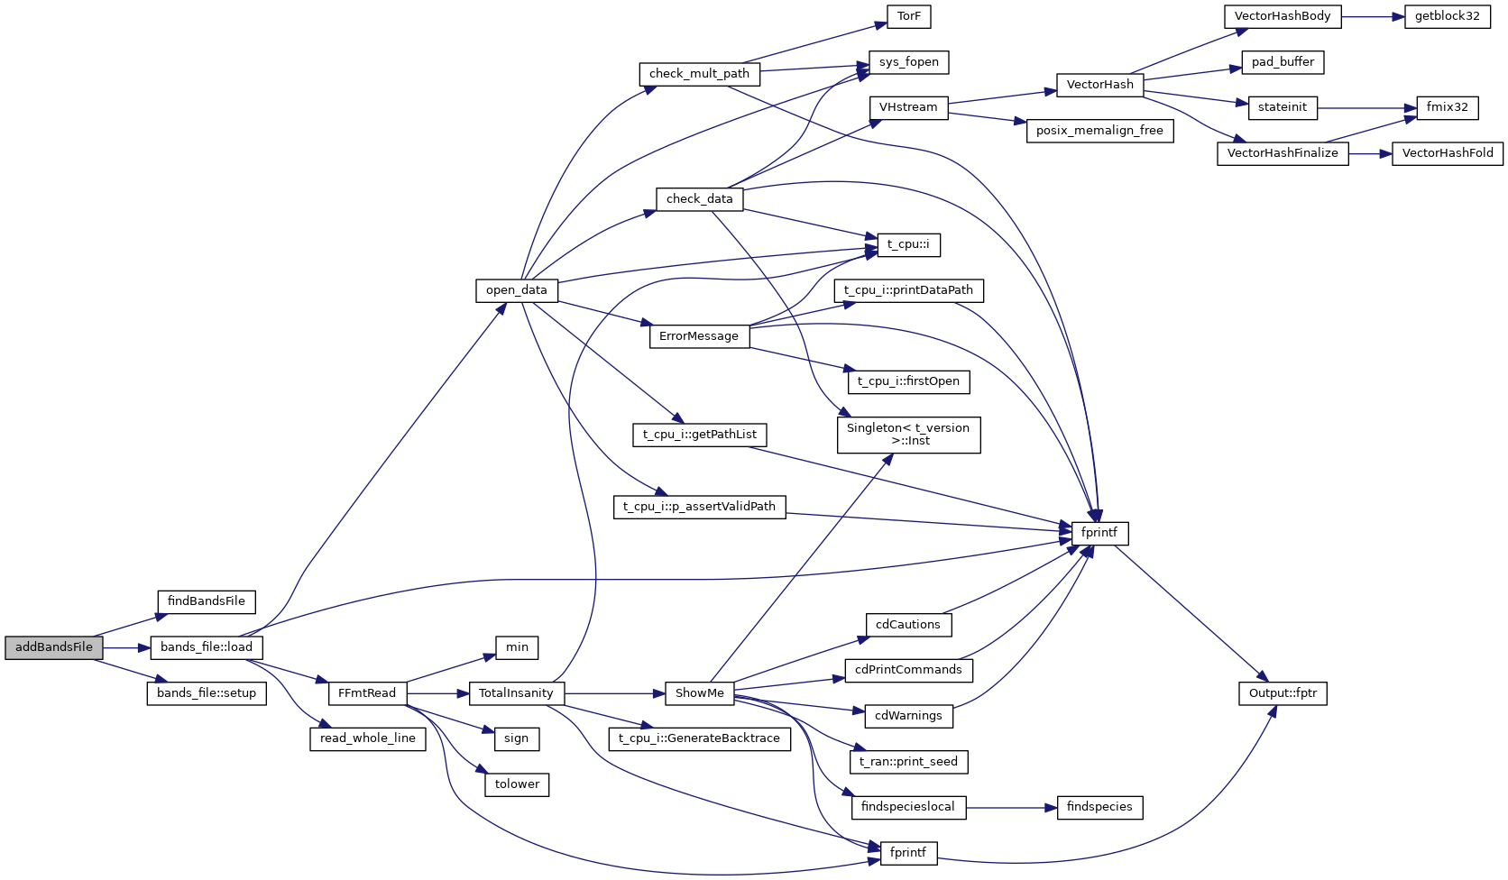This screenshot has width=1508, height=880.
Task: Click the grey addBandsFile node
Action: (x=54, y=647)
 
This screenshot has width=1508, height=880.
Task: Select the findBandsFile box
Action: (x=207, y=601)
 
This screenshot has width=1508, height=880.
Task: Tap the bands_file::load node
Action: (x=207, y=647)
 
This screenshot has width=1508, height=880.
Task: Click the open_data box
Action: (x=517, y=290)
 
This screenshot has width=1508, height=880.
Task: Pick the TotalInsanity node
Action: (x=516, y=693)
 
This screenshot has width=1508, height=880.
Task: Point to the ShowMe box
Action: (x=700, y=693)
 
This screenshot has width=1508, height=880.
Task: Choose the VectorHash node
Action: (x=1100, y=85)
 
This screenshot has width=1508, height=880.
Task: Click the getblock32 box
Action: (x=1448, y=16)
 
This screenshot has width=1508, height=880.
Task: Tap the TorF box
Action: (x=909, y=16)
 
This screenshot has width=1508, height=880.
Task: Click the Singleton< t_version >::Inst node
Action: (x=908, y=435)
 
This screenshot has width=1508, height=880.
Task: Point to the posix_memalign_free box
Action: (x=1099, y=131)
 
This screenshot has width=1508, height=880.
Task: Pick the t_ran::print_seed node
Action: (x=908, y=762)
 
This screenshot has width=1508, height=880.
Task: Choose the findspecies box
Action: (x=1099, y=807)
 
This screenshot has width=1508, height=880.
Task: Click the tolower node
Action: (x=517, y=784)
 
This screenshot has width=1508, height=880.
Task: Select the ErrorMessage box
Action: (x=699, y=336)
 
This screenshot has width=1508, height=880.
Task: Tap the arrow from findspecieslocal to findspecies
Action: (x=1011, y=808)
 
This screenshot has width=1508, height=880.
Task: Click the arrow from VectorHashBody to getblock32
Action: (x=1373, y=17)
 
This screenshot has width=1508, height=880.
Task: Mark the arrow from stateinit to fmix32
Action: (x=1366, y=108)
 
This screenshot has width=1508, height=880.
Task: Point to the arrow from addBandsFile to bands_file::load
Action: (x=126, y=648)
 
